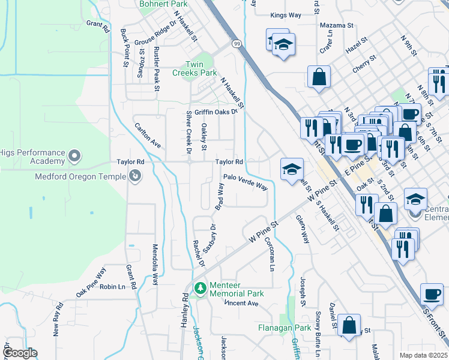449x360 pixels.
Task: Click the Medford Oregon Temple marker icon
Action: pyautogui.click(x=136, y=176)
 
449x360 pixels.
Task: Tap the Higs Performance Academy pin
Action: pyautogui.click(x=74, y=157)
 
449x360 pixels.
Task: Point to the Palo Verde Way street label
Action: pyautogui.click(x=245, y=181)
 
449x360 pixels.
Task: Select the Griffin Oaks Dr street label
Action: pyautogui.click(x=214, y=111)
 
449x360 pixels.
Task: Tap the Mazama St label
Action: pyautogui.click(x=336, y=25)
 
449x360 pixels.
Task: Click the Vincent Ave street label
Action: pyautogui.click(x=241, y=304)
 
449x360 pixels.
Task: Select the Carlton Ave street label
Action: pyautogui.click(x=148, y=136)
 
